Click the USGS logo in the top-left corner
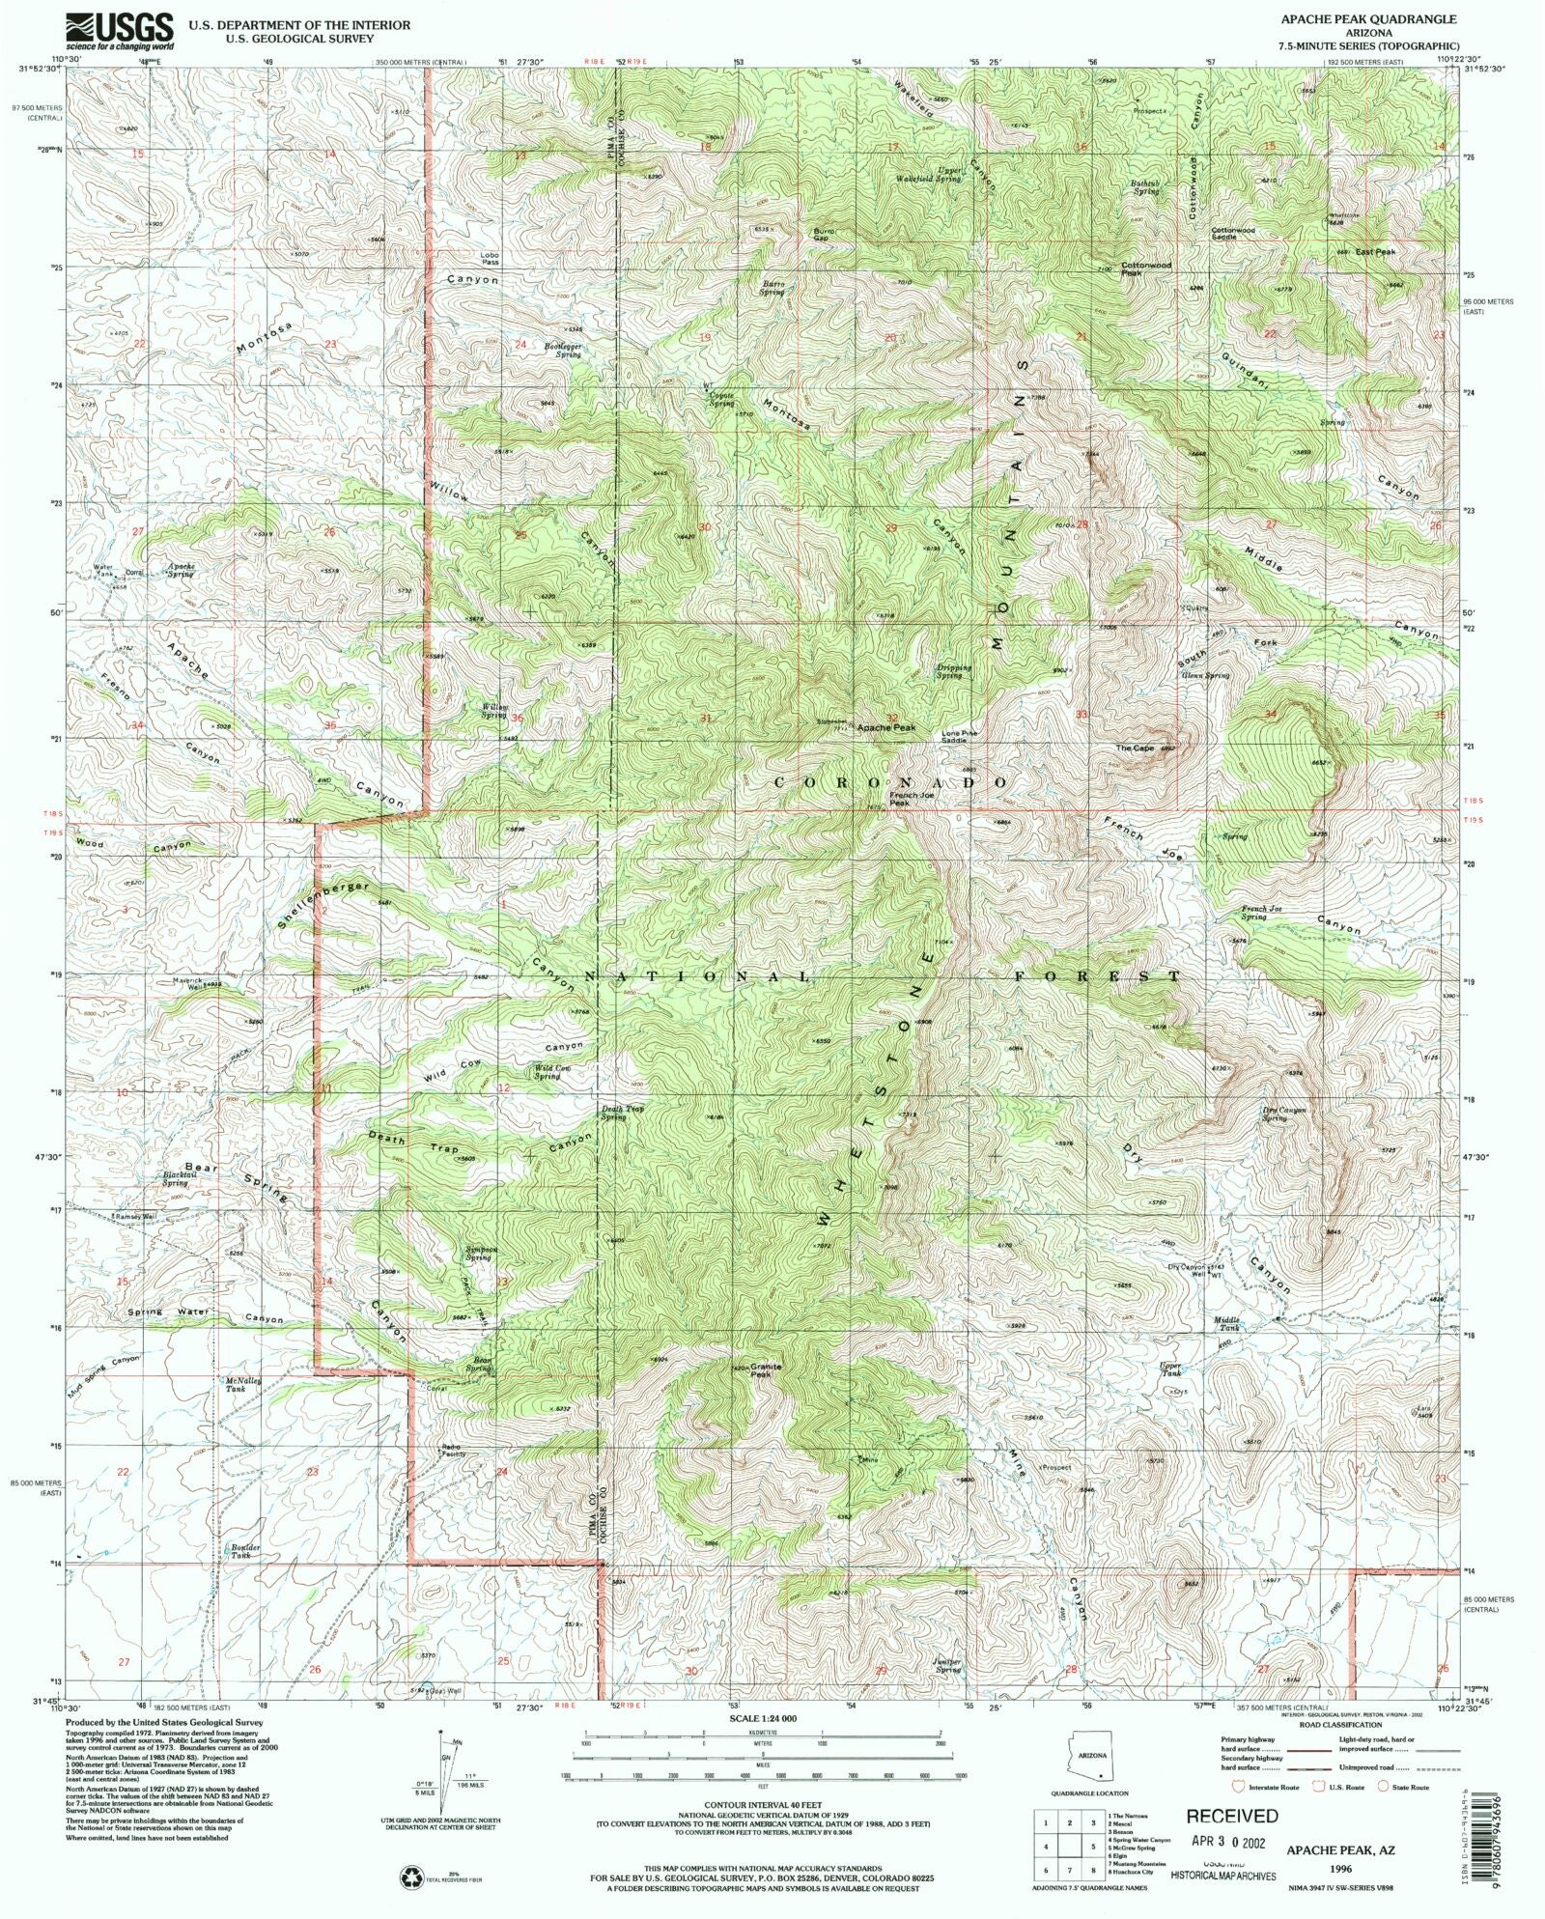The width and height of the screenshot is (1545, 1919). pyautogui.click(x=120, y=31)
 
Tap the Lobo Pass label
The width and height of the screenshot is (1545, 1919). pyautogui.click(x=491, y=259)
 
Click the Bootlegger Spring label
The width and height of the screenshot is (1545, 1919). pyautogui.click(x=563, y=351)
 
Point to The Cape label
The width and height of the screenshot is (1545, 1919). pyautogui.click(x=1136, y=748)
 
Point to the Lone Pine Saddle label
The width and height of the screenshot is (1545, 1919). pyautogui.click(x=960, y=736)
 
